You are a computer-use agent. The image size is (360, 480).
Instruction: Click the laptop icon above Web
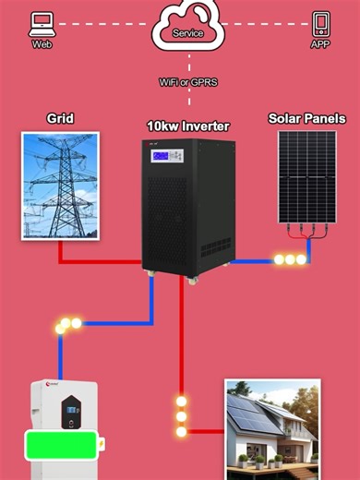(41, 23)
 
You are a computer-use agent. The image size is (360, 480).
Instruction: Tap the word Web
(42, 43)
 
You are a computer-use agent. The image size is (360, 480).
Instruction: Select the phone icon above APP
(320, 22)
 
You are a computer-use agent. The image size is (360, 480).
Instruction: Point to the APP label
(320, 43)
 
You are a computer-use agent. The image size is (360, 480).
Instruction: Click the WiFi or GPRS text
(187, 81)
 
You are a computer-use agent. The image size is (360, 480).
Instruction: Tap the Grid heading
(60, 119)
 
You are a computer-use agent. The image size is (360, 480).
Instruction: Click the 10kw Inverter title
(188, 126)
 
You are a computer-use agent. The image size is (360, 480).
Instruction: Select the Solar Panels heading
(306, 119)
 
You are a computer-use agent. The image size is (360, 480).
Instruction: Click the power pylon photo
(60, 186)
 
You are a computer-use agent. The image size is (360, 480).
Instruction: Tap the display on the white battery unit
(71, 410)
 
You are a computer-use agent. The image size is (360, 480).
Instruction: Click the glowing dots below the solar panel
(290, 260)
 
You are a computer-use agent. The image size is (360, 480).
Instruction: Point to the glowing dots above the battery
(68, 325)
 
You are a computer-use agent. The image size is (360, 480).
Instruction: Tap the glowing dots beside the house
(182, 416)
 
